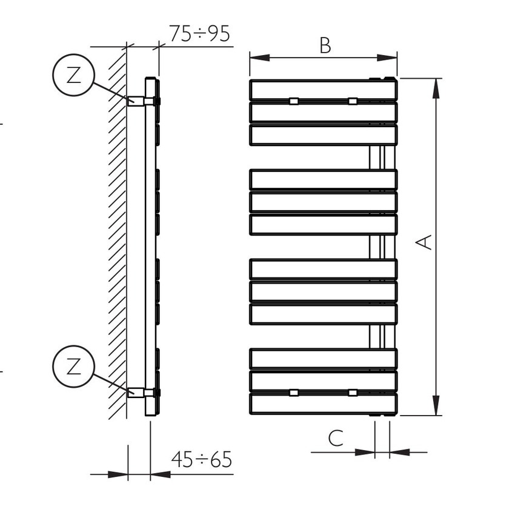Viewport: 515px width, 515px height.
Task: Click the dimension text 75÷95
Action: click(x=199, y=34)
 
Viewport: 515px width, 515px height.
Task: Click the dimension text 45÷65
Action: click(x=201, y=459)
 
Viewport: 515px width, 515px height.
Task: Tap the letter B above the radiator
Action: click(x=325, y=45)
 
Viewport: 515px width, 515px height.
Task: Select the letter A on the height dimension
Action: click(x=424, y=242)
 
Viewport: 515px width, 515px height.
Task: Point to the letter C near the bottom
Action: click(x=336, y=438)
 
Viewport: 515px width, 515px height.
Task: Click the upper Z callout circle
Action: click(x=73, y=75)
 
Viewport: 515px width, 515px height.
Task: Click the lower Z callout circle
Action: click(x=73, y=366)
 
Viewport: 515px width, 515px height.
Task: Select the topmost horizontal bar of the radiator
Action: click(x=323, y=89)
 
